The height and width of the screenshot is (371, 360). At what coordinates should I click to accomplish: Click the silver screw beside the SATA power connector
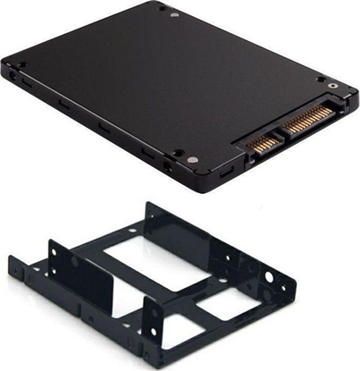click(334, 89)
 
